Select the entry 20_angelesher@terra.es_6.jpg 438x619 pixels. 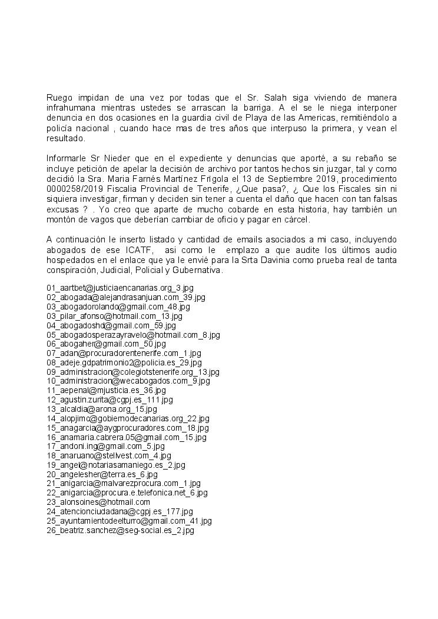102,474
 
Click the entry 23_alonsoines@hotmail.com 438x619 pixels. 98,502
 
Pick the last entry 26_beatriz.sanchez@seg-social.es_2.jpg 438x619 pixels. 120,530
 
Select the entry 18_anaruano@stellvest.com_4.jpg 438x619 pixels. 109,455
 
